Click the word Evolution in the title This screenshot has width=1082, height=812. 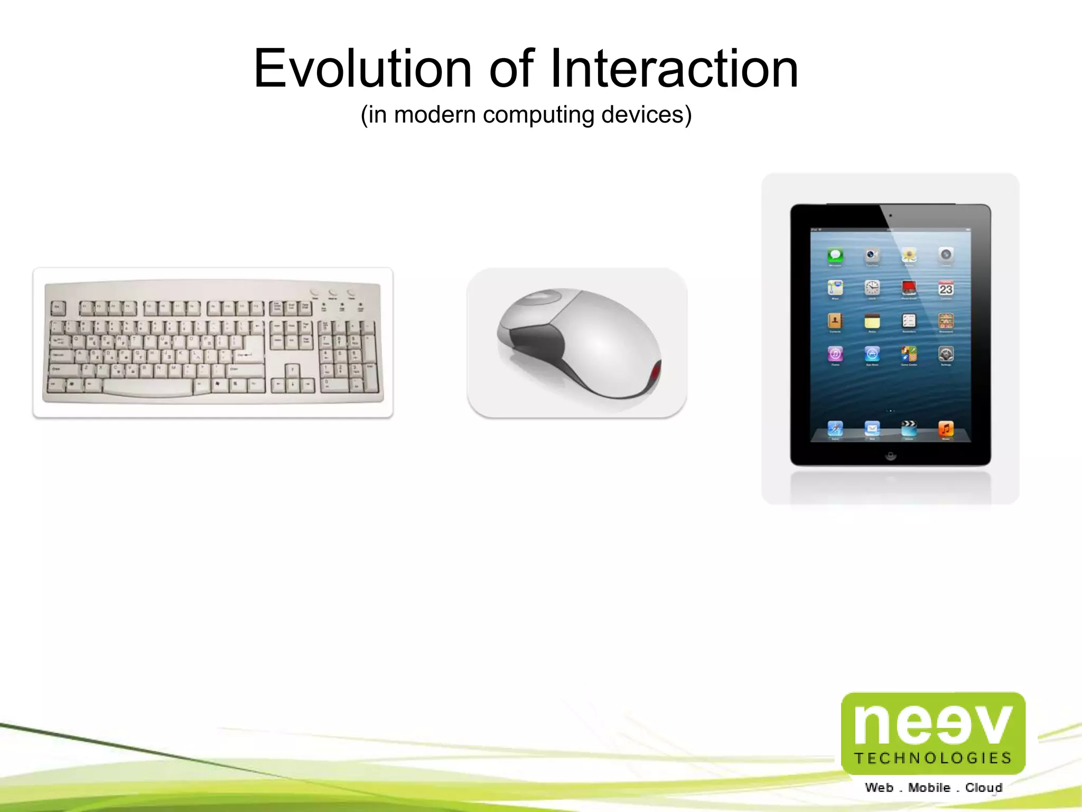pyautogui.click(x=362, y=69)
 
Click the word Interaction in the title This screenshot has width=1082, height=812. pyautogui.click(x=674, y=69)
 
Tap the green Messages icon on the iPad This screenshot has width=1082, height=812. pyautogui.click(x=835, y=256)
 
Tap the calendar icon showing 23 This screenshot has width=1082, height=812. pyautogui.click(x=946, y=289)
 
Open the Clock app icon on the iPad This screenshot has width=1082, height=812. pyautogui.click(x=872, y=288)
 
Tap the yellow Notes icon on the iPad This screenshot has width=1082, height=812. pyautogui.click(x=872, y=321)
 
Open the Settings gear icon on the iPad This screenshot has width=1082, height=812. pyautogui.click(x=946, y=354)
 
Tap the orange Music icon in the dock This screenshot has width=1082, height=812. pyautogui.click(x=946, y=428)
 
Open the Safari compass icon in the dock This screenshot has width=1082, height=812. pyautogui.click(x=835, y=428)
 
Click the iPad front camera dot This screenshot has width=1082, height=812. pyautogui.click(x=891, y=216)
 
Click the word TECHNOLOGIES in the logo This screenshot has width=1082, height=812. pyautogui.click(x=933, y=758)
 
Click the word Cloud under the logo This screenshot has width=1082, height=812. pyautogui.click(x=984, y=788)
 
